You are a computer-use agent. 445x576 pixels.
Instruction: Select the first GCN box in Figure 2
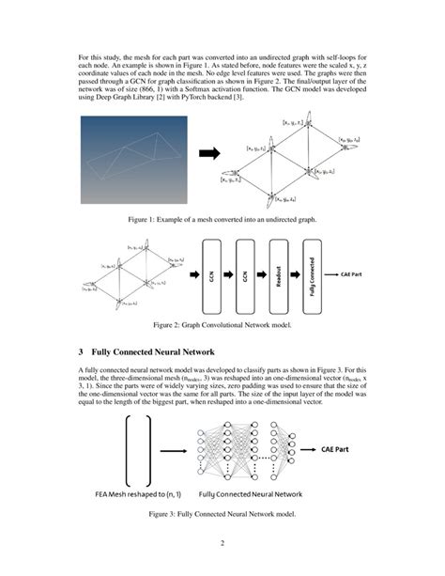coord(213,274)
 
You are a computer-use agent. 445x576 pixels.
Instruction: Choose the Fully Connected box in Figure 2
coord(313,274)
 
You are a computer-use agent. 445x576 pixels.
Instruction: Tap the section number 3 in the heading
coord(82,350)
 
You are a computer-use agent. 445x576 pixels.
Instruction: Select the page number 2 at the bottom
coord(222,543)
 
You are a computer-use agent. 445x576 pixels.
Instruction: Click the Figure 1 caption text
coord(222,219)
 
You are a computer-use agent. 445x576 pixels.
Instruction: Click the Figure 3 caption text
coord(222,515)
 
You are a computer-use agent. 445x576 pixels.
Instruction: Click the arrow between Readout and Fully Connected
coord(296,274)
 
